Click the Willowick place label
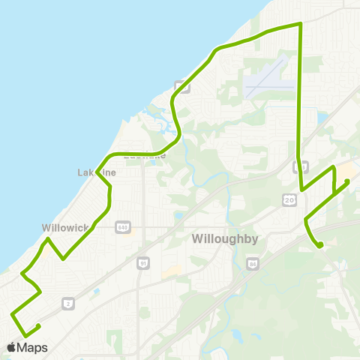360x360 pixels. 65,227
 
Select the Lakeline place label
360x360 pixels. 97,172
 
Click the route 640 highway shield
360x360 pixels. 123,227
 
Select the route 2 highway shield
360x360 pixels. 69,303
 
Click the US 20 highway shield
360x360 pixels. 289,199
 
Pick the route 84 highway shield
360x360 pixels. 253,263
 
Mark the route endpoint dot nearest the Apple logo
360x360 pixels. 37,325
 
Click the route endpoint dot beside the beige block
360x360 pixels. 347,181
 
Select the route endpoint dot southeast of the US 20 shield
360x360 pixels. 320,244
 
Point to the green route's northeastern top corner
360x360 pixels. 300,24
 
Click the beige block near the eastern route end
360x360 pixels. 349,170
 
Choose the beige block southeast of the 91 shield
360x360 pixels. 170,272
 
